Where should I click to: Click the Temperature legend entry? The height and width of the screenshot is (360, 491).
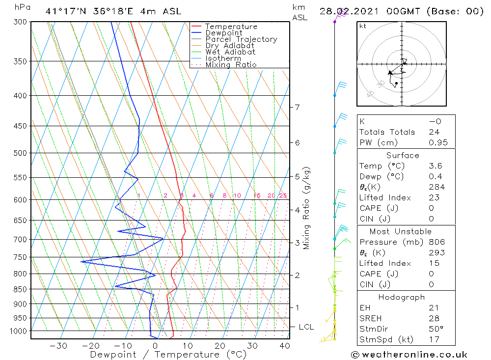coord(231,27)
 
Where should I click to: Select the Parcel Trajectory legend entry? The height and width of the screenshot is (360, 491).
coord(241,39)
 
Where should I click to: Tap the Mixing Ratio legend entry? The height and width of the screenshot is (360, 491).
coord(231,65)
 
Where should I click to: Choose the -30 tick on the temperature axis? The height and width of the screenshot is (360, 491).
coord(58,346)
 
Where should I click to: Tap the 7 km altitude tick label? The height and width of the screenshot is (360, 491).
coord(297,107)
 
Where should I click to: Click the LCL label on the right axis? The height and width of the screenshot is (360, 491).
coord(306,327)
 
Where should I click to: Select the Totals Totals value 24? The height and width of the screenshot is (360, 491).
coord(434,132)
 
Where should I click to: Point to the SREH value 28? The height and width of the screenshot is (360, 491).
coord(434,319)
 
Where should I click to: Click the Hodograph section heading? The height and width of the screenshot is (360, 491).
coord(402,297)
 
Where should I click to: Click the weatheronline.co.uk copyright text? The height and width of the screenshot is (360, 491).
coord(409,355)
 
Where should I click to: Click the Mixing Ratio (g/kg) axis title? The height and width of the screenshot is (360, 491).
coord(307,208)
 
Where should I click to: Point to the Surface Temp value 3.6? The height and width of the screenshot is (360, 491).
coord(436,166)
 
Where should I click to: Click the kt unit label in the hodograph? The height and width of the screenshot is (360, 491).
coord(363,26)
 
